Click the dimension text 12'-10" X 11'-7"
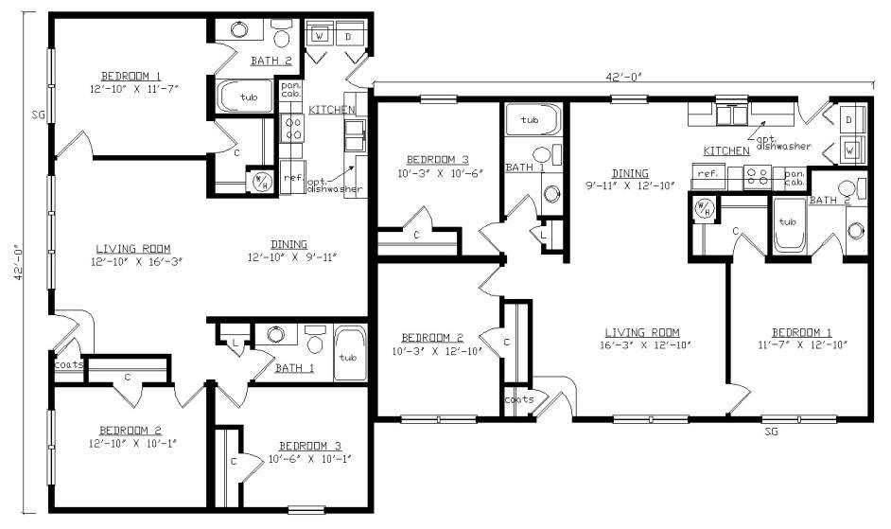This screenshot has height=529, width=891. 134,89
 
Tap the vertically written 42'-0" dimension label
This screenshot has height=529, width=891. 18,263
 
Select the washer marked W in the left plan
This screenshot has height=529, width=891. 320,36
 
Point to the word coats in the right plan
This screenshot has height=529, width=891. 519,400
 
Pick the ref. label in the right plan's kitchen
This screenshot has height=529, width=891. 708,173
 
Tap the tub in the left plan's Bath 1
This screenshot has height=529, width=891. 347,353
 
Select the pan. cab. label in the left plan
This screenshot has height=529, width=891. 291,89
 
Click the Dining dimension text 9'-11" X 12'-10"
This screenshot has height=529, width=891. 630,185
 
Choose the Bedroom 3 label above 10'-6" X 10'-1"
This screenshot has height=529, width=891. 310,446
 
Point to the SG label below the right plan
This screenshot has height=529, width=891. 771,432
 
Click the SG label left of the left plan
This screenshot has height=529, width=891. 38,115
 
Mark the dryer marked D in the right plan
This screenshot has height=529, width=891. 849,120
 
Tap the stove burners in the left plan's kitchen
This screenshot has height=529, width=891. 293,128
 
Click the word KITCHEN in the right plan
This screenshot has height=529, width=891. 726,151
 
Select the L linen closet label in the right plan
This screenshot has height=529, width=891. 543,235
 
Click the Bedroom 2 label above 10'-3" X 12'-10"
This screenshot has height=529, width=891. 432,338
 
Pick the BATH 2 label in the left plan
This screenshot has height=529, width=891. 271,61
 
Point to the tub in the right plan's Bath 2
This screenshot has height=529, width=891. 789,225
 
